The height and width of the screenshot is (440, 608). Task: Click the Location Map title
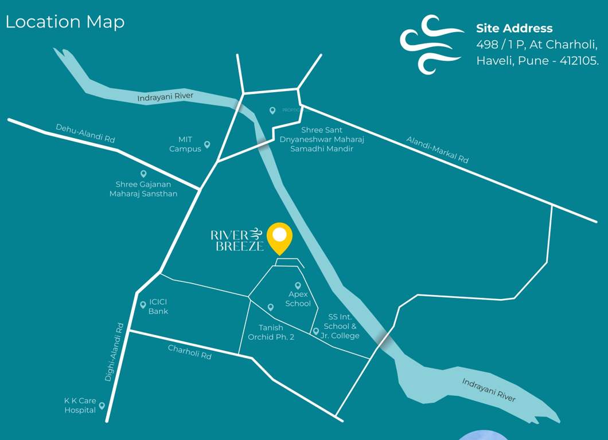tap(65, 22)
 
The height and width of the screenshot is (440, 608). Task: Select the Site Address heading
tap(514, 28)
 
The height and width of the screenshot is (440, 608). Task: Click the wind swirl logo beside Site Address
tap(431, 44)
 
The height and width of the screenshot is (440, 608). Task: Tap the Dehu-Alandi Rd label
tap(85, 133)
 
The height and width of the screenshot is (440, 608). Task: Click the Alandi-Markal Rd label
tap(437, 150)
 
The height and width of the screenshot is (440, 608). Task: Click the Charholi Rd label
tap(190, 352)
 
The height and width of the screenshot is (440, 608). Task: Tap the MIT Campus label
tap(185, 144)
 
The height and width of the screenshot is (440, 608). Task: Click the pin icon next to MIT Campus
tap(207, 145)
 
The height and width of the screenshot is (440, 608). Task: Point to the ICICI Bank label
tap(158, 307)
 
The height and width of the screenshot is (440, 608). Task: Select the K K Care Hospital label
tap(80, 406)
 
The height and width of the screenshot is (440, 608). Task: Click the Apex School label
tap(298, 299)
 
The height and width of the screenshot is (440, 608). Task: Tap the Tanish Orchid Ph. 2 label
tap(271, 332)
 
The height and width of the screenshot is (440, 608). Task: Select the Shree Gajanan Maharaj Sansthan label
tap(143, 189)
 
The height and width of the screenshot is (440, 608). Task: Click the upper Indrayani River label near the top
tap(165, 97)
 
